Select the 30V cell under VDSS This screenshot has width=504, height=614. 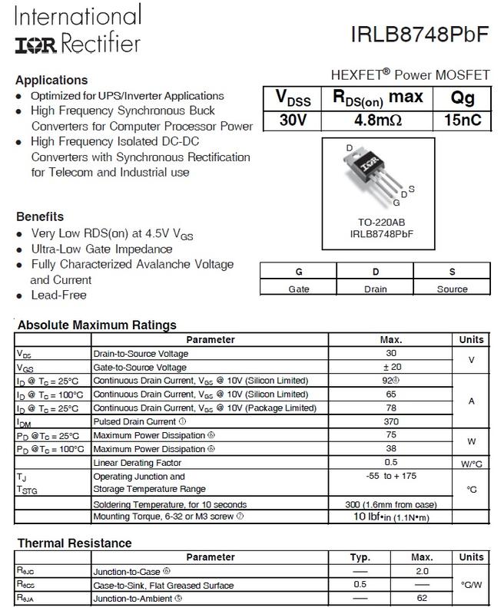292,121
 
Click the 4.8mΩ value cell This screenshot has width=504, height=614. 376,121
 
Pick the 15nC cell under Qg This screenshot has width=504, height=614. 463,121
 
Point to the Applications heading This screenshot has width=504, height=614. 51,80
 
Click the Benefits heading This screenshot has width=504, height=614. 39,216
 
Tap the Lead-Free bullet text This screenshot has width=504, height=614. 58,295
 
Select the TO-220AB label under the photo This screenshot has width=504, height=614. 371,222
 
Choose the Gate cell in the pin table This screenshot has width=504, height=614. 298,289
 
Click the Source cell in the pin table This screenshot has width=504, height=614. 452,289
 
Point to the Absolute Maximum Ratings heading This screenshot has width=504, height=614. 97,325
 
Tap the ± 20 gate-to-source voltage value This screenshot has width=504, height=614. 391,368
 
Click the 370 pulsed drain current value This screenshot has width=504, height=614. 391,421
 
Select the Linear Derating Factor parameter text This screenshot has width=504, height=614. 136,463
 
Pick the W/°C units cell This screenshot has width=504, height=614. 471,463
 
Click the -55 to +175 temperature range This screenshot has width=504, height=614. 391,476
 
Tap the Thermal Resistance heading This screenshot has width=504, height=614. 75,543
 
